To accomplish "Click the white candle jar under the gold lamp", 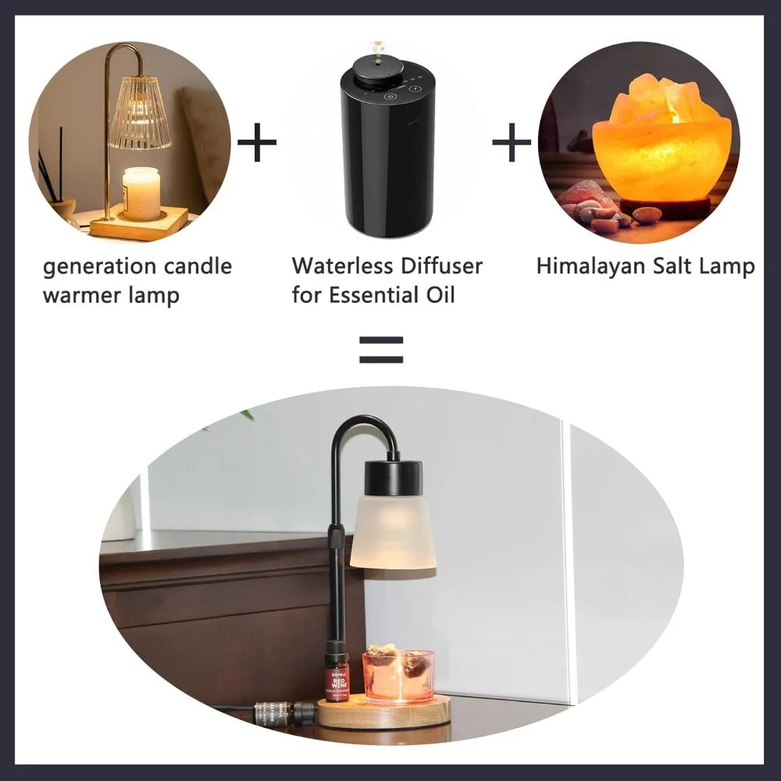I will coord(141,194).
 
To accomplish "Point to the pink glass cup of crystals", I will coord(398,676).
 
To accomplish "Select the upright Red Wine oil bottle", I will coord(337,672).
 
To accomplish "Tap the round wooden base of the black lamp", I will coord(384,712).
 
